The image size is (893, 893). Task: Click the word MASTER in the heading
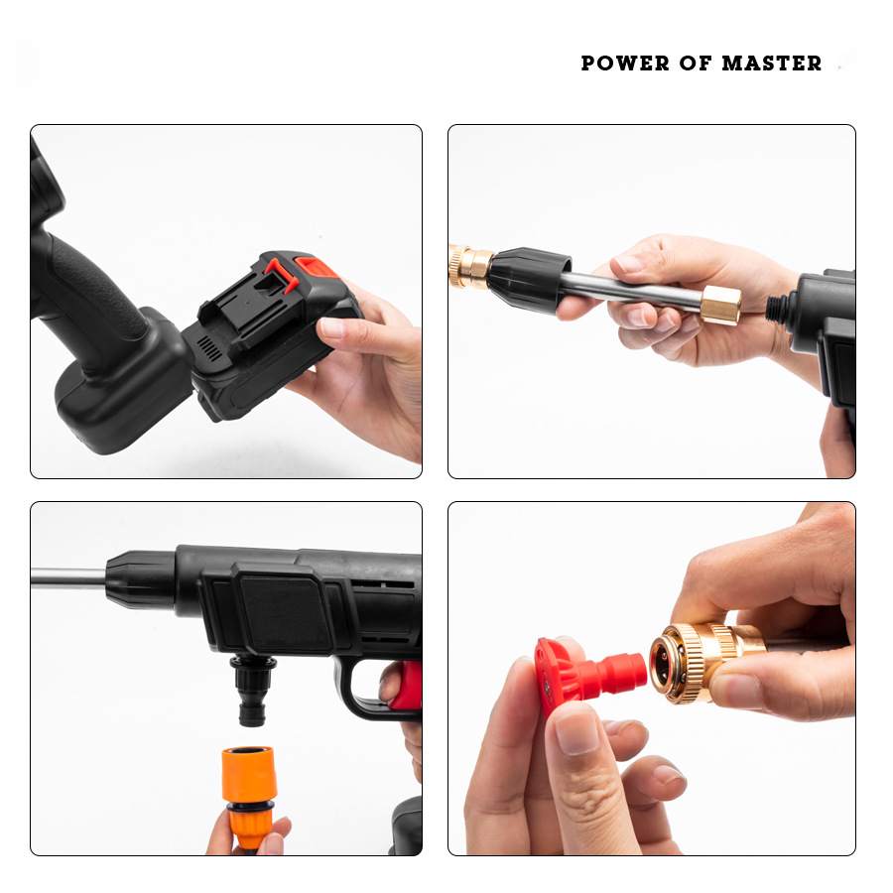[772, 64]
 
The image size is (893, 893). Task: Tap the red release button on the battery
[316, 267]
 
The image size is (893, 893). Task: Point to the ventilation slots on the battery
[209, 347]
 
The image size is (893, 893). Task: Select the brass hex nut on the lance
[720, 306]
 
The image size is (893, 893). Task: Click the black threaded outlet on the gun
[777, 308]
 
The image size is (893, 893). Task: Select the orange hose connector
[249, 796]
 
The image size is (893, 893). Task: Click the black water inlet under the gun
[252, 691]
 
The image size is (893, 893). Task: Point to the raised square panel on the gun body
[285, 610]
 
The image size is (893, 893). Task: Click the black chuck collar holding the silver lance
[140, 579]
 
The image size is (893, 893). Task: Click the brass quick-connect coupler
[706, 663]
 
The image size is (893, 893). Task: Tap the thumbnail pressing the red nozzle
[576, 733]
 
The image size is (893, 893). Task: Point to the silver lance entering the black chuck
[68, 577]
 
